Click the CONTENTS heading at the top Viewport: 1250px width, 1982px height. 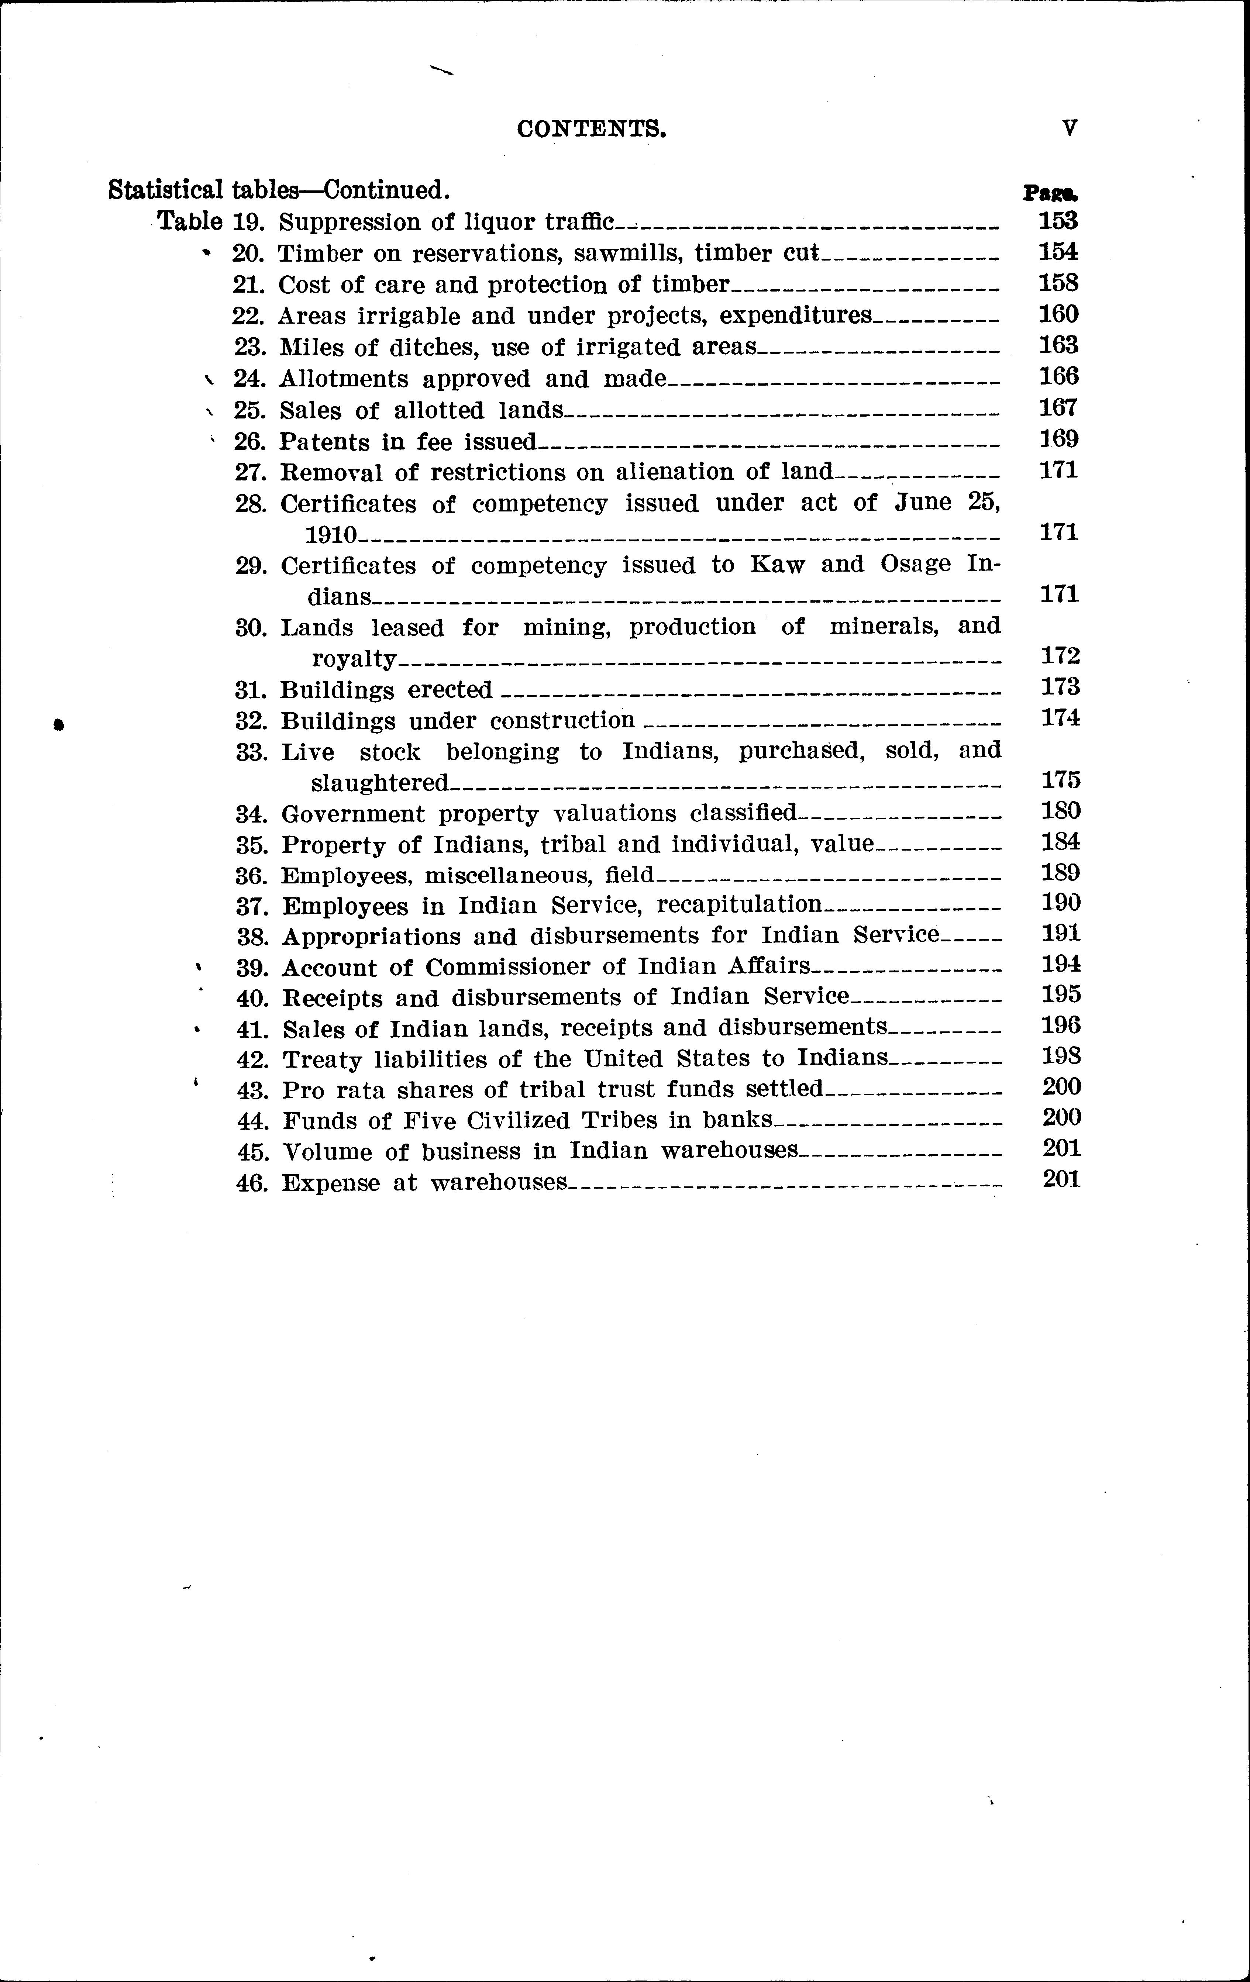pos(591,129)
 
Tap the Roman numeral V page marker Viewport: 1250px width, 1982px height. pos(1069,128)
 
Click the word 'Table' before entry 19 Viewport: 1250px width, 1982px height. pos(189,221)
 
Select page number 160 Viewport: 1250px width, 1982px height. pos(1058,314)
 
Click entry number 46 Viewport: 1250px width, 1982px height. pos(252,1183)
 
